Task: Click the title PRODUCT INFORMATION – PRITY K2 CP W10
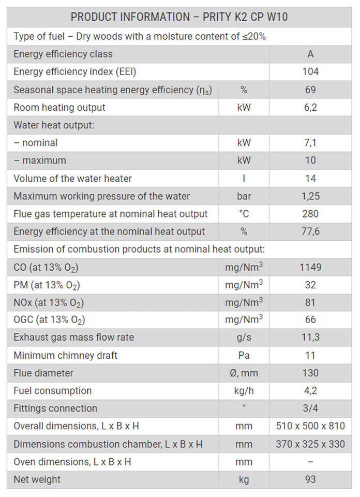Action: coord(179,17)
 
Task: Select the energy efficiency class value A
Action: coord(310,54)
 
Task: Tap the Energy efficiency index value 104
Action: coord(310,72)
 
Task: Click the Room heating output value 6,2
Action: coord(310,108)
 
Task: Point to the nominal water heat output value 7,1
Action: coord(310,143)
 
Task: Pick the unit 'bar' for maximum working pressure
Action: coord(244,196)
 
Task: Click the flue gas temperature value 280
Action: coord(310,214)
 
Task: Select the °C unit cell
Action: coord(244,214)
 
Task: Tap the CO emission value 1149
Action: coord(310,268)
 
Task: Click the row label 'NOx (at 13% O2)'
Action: coord(49,303)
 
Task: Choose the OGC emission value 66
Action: coord(310,320)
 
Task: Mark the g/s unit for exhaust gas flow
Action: coord(244,338)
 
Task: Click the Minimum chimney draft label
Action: coord(65,356)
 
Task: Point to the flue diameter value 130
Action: coord(310,373)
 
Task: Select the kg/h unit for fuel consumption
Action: coord(244,391)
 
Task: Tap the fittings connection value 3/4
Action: coord(310,408)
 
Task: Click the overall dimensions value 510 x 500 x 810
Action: coord(310,427)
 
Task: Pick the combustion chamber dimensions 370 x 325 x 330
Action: coord(310,444)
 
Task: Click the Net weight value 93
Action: coord(310,479)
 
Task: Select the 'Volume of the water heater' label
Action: coord(72,179)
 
